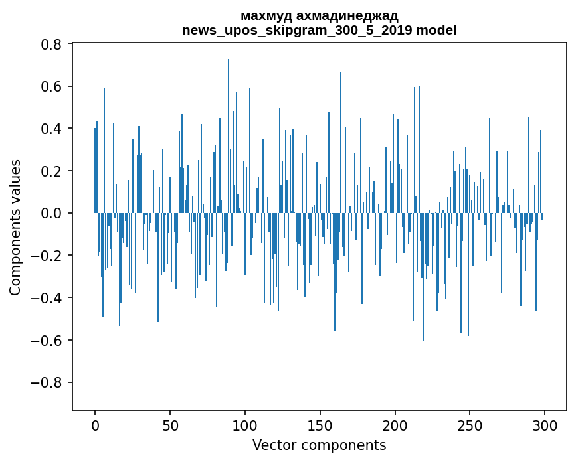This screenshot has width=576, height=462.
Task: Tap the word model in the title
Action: [x=436, y=31]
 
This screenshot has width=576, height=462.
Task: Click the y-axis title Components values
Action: [x=15, y=227]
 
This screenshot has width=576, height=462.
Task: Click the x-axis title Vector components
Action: [x=319, y=445]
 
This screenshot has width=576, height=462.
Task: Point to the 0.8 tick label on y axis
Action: [x=52, y=44]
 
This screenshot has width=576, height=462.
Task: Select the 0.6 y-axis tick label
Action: [x=52, y=87]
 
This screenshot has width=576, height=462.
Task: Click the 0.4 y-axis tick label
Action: [x=52, y=129]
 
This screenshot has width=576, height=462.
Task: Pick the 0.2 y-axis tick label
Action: [x=52, y=171]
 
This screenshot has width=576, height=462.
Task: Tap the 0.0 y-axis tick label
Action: [x=52, y=214]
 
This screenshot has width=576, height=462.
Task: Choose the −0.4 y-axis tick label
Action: [x=48, y=298]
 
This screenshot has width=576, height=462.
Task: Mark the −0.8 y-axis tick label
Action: [x=48, y=383]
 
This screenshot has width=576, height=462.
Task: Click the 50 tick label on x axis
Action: [x=170, y=424]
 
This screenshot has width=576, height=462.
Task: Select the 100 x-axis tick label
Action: [x=245, y=424]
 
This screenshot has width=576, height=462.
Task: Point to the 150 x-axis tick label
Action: [x=320, y=424]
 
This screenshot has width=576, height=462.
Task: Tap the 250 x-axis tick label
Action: [x=470, y=424]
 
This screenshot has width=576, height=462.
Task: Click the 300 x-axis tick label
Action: [x=545, y=424]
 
